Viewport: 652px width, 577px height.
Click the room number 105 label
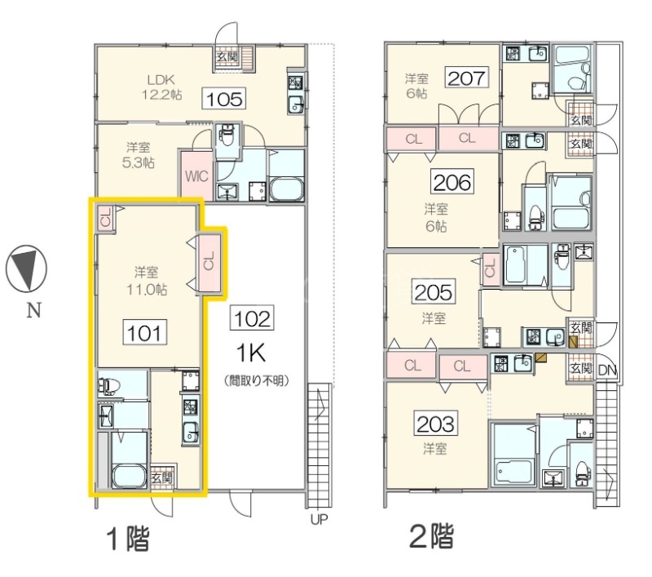224,99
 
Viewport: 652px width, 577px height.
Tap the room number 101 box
144,332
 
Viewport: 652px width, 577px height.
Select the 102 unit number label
252,318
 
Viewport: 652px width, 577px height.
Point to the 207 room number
465,77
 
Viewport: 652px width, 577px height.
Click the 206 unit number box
452,181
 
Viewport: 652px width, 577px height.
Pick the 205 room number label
433,291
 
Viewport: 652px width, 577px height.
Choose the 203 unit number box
436,423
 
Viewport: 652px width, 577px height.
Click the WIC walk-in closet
196,175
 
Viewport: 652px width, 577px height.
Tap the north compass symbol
26,269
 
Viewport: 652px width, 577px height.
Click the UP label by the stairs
319,519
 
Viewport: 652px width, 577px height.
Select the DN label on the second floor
607,370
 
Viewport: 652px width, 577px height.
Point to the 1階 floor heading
128,539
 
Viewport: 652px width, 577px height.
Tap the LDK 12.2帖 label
161,87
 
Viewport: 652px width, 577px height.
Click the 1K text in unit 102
251,353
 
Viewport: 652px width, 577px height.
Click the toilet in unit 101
109,386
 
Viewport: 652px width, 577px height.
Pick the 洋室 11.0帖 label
147,281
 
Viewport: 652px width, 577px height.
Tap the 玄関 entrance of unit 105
227,56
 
